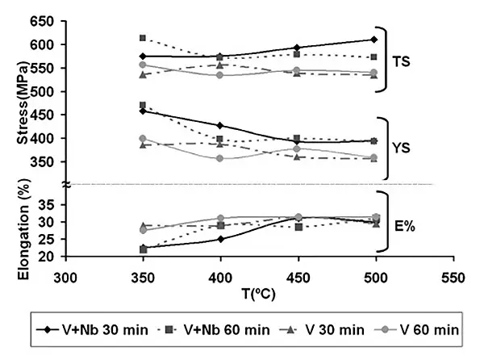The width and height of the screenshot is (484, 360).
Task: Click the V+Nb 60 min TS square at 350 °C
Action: click(x=143, y=38)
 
